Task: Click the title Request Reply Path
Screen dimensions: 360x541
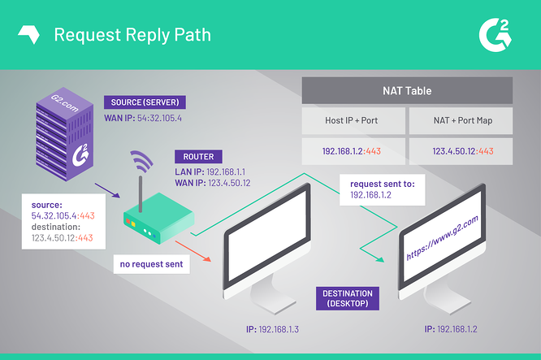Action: tap(132, 34)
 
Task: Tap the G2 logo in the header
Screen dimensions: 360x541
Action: tap(497, 34)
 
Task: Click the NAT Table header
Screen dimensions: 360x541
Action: tap(407, 90)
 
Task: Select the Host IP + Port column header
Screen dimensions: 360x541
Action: tap(351, 120)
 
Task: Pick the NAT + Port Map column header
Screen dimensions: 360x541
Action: tap(460, 120)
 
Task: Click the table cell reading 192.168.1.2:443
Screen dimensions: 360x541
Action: tap(351, 151)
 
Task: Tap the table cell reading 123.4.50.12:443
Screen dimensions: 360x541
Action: tap(460, 151)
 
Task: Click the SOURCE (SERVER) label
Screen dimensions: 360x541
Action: tap(145, 103)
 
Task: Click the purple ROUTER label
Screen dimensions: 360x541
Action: tap(198, 157)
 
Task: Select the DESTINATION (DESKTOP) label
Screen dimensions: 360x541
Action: tap(348, 298)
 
